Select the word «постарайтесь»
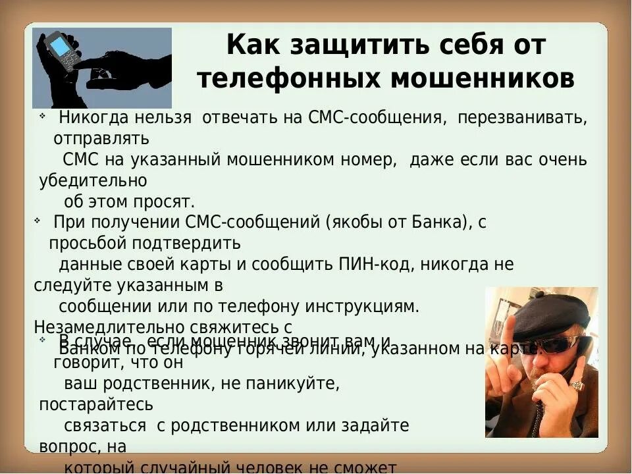pos(96,404)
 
